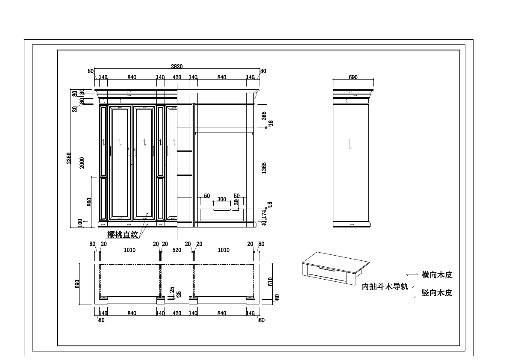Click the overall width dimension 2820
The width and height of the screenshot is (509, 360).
(177, 66)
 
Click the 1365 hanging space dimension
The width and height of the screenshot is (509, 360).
(264, 167)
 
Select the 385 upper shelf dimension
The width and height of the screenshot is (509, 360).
(264, 115)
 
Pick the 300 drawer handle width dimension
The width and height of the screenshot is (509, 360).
(221, 199)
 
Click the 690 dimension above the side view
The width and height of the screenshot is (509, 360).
(353, 77)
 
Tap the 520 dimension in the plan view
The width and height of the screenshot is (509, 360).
(177, 250)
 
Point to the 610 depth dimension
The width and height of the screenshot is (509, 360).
(270, 281)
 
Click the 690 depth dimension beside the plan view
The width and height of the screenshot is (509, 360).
(78, 284)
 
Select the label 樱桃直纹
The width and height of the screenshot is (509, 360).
(123, 234)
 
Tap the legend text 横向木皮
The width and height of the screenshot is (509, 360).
(437, 275)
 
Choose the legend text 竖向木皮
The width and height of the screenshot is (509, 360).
(437, 293)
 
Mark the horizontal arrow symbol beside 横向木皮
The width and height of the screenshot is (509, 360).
(412, 274)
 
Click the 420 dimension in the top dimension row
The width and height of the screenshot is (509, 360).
(177, 77)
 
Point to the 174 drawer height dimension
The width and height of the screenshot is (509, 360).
(264, 213)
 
